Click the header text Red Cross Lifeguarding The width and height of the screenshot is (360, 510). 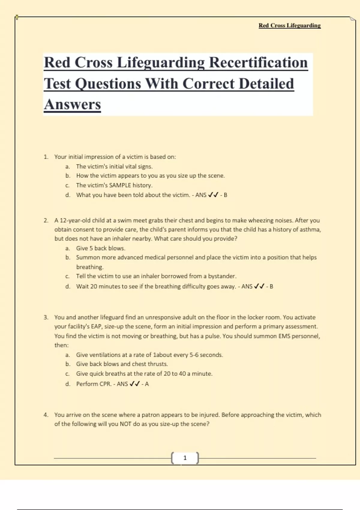(x=289, y=25)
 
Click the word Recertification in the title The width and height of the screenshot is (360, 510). (x=258, y=63)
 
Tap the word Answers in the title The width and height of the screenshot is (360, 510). (x=72, y=105)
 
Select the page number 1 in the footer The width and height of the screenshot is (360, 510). (x=185, y=458)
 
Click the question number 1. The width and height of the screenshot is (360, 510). (x=46, y=157)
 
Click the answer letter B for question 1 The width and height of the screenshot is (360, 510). (x=225, y=195)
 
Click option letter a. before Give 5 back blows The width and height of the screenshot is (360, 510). (x=67, y=248)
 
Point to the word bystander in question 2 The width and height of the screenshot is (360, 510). (x=222, y=276)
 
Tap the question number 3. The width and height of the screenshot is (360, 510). (x=46, y=317)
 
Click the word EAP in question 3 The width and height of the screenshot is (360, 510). (x=97, y=326)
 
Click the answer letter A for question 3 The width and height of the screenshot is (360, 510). (x=147, y=384)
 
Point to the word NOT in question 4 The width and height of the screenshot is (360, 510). (x=125, y=424)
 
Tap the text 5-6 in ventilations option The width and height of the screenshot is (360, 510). (x=194, y=355)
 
